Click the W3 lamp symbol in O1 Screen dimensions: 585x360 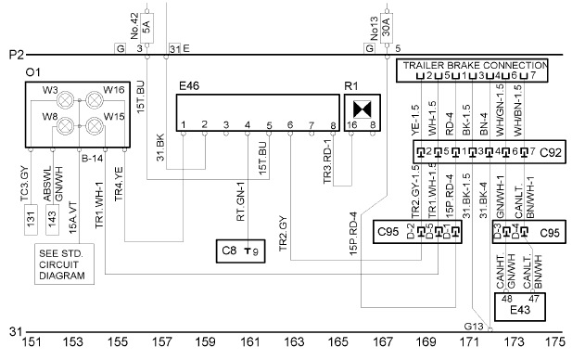coord(65,100)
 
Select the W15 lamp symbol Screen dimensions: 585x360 coord(94,126)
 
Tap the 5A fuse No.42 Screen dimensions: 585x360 coord(146,28)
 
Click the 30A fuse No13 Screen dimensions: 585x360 coord(387,28)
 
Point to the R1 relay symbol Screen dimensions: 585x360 coord(362,109)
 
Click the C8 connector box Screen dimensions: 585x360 coord(241,251)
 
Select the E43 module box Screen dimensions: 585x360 coord(520,307)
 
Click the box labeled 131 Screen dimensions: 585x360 coord(31,220)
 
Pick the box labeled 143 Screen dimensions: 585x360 coord(52,220)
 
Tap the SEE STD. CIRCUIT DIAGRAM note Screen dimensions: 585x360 coord(64,264)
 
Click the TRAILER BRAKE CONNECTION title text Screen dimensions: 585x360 coord(476,65)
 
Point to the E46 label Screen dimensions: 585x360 coord(189,86)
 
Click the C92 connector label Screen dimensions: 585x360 coord(551,152)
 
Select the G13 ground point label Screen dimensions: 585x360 coord(474,327)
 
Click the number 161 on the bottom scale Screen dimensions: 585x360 coord(250,341)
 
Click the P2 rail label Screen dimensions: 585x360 coord(17,55)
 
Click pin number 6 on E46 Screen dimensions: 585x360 coord(290,124)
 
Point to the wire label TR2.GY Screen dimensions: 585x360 coord(283,234)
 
